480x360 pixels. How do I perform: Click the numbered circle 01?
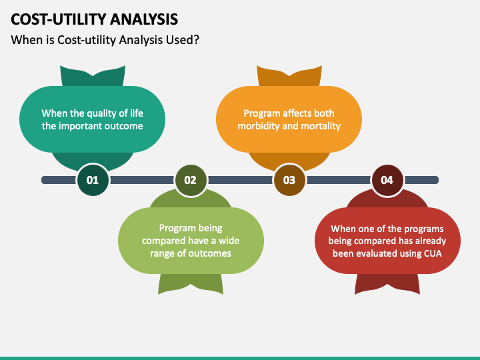(93, 180)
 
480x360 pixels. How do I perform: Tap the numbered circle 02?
(191, 180)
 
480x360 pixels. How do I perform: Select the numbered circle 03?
(289, 180)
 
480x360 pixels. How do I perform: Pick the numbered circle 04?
(387, 180)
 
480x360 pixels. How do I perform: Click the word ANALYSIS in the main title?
(144, 19)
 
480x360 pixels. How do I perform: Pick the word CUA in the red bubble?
(433, 253)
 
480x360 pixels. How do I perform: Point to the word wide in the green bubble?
(229, 241)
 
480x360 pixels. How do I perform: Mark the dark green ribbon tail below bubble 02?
(191, 283)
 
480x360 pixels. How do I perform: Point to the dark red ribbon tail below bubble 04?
(387, 283)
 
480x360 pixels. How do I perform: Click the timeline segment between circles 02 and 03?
(240, 180)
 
